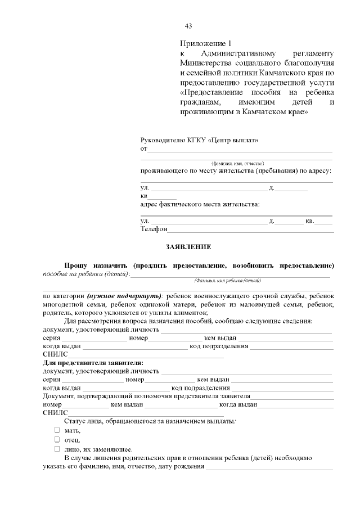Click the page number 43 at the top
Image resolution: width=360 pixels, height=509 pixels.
[188, 26]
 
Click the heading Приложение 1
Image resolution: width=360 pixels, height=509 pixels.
[205, 43]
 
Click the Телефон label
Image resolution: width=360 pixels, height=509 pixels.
[154, 229]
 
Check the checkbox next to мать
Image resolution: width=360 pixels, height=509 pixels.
[57, 430]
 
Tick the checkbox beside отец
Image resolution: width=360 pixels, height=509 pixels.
[57, 439]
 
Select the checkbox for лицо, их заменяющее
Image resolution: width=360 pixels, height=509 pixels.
[57, 449]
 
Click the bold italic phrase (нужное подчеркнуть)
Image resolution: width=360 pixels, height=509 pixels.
[124, 296]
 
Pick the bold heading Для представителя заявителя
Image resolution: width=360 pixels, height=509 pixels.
[93, 363]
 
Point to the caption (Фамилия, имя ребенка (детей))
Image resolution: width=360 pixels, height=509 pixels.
[227, 280]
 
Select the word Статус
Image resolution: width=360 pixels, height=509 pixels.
[76, 421]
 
